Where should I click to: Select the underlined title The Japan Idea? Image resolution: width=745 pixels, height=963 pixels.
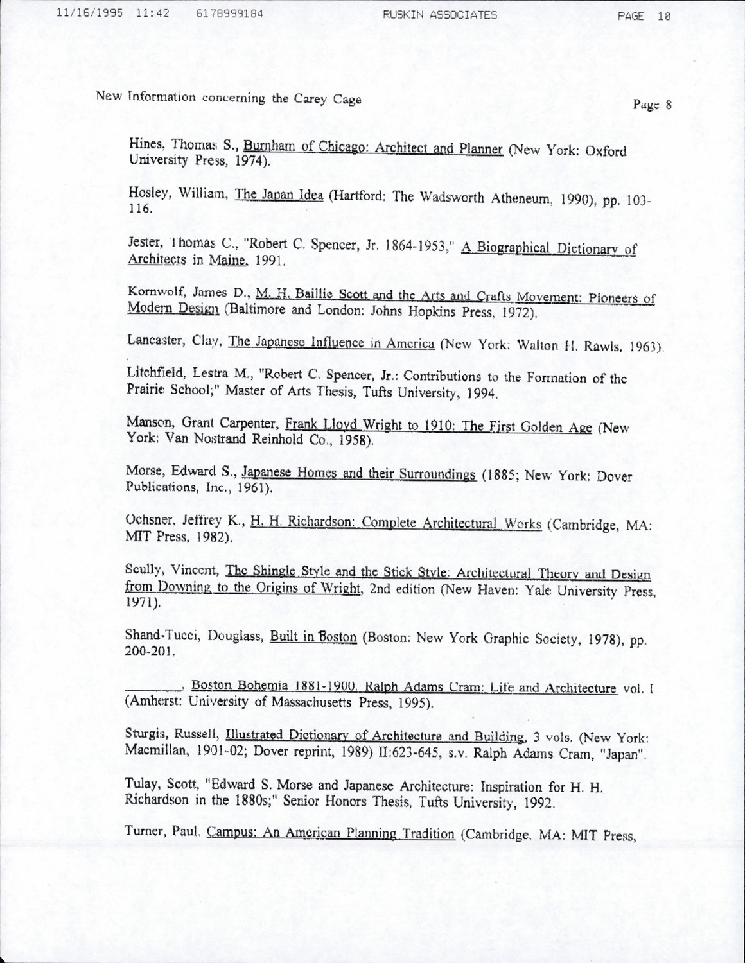(x=279, y=195)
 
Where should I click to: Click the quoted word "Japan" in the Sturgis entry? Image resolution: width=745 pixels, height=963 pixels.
(x=624, y=755)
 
